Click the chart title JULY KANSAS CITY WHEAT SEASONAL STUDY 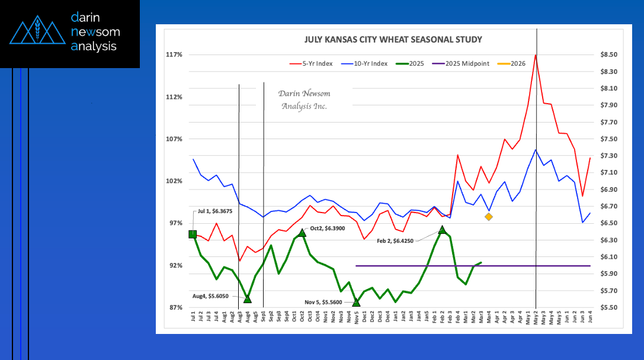(x=393, y=40)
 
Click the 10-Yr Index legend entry (x=372, y=63)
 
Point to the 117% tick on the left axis (x=174, y=54)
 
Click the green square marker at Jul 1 (x=193, y=234)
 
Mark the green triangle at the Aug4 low (x=247, y=299)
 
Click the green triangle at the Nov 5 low (x=356, y=303)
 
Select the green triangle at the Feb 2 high (x=442, y=229)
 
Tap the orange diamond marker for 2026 (x=489, y=217)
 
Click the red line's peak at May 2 (x=536, y=55)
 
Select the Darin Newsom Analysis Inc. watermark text (x=305, y=100)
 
